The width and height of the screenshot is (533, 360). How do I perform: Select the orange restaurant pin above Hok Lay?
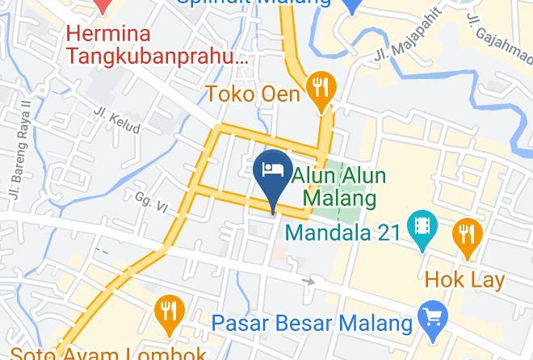(467, 236)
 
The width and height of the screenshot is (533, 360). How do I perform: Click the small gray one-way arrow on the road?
(308, 281)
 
